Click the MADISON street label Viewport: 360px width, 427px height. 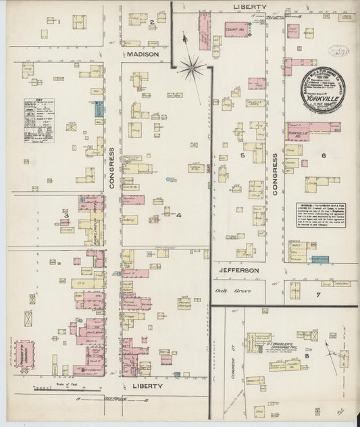142,53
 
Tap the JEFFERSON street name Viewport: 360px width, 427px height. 238,270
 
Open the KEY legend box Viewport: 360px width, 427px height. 38,118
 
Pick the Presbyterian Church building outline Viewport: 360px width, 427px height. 26,355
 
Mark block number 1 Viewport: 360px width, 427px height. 59,22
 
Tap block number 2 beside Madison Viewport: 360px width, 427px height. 152,23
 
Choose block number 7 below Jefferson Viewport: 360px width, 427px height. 317,295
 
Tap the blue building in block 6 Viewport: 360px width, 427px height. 324,259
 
